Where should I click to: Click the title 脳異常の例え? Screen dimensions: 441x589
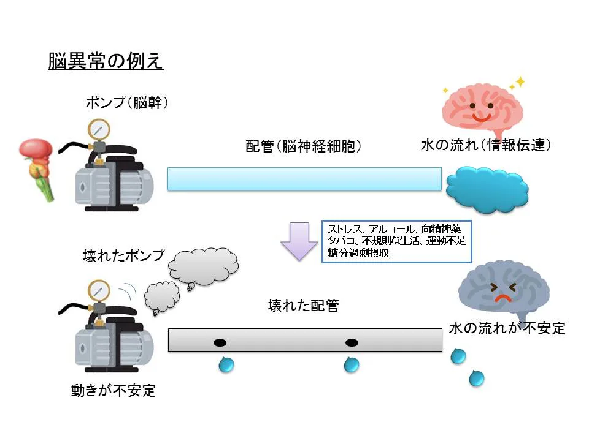pyautogui.click(x=106, y=61)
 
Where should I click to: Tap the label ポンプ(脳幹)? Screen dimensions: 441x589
pyautogui.click(x=126, y=103)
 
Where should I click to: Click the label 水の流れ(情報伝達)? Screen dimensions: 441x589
pyautogui.click(x=486, y=145)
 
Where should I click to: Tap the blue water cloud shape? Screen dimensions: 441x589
pyautogui.click(x=487, y=187)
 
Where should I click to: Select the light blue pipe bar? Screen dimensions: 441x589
pyautogui.click(x=304, y=179)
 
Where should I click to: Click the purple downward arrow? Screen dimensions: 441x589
pyautogui.click(x=298, y=239)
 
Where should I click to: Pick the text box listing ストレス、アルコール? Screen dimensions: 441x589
pyautogui.click(x=396, y=241)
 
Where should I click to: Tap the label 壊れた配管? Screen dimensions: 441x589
pyautogui.click(x=303, y=306)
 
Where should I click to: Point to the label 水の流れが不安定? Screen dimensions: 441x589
pyautogui.click(x=507, y=328)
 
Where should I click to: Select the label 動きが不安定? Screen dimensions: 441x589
pyautogui.click(x=114, y=390)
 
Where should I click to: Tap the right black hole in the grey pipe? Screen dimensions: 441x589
pyautogui.click(x=351, y=342)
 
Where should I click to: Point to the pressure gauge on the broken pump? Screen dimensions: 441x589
pyautogui.click(x=96, y=289)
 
